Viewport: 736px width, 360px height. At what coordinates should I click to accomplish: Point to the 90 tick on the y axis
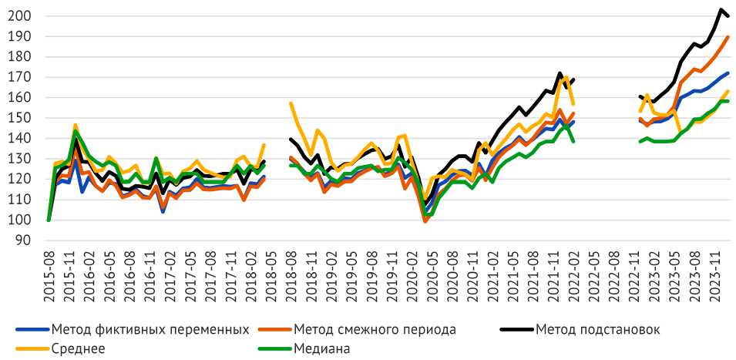[23, 241]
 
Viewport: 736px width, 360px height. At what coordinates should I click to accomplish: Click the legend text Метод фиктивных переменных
[150, 330]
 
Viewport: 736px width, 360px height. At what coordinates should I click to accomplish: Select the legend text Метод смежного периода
[375, 330]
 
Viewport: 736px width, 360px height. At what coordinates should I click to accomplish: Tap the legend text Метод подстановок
[599, 330]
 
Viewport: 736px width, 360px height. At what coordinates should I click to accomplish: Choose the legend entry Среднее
[77, 348]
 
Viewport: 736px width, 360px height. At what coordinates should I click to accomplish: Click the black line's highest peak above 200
[721, 10]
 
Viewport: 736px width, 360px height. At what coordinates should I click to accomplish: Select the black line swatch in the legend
[516, 330]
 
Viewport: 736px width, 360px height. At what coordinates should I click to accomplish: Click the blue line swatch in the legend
[32, 330]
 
